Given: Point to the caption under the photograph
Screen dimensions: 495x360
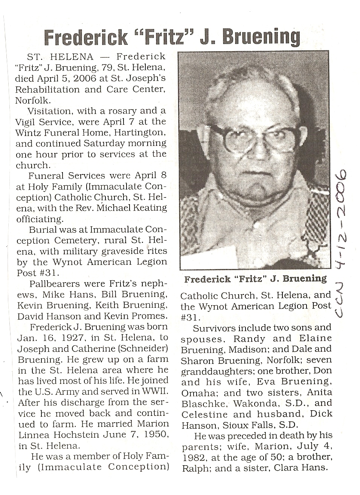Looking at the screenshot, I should [x=255, y=279].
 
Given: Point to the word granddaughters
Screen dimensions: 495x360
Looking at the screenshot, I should [x=212, y=371].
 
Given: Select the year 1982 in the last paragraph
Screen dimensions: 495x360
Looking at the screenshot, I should [x=193, y=458].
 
